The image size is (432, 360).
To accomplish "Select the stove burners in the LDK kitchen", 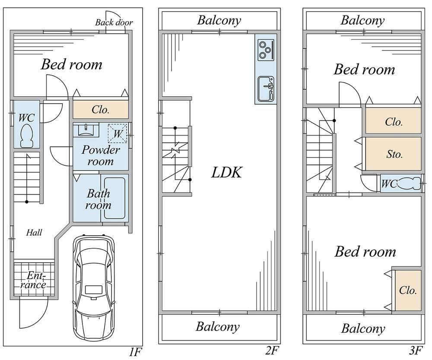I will [264, 50].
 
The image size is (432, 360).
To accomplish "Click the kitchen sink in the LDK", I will [265, 89].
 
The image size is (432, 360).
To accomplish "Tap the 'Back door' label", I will [114, 22].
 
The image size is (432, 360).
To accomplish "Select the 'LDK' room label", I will [226, 173].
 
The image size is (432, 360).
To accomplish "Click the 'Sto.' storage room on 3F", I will [394, 154].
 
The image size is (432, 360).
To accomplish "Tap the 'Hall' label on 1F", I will [34, 233].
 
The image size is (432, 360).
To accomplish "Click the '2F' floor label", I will [271, 351].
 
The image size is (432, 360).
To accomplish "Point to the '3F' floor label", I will [416, 351].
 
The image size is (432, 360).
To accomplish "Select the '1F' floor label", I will [135, 352].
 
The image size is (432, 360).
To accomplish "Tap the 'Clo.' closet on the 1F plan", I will [101, 110].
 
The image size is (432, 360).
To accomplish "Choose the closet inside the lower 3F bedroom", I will [408, 290].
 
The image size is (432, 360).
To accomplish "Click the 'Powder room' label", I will [101, 156].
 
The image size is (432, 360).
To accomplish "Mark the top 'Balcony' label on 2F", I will [219, 20].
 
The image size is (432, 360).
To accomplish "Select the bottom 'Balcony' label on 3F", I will [363, 329].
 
